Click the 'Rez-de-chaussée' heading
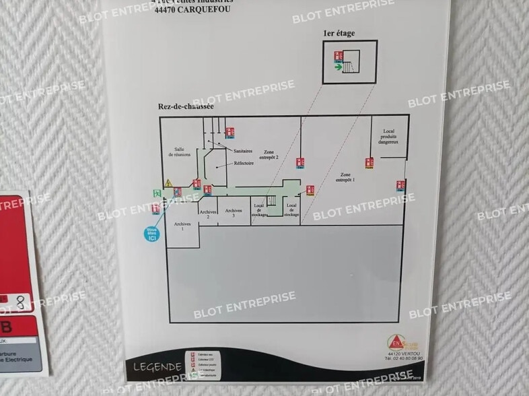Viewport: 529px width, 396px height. [x=186, y=106]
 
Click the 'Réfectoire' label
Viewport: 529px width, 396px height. [x=244, y=164]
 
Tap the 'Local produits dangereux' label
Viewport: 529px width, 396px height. [x=388, y=137]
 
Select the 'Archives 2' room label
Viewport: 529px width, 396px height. [x=209, y=214]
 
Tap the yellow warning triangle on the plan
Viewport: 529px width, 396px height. [x=169, y=183]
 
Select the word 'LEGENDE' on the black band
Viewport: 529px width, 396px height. [x=157, y=367]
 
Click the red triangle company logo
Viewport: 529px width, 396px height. [x=396, y=342]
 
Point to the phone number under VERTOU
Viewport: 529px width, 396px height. [x=404, y=358]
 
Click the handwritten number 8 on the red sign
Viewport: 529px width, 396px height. [x=22, y=303]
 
